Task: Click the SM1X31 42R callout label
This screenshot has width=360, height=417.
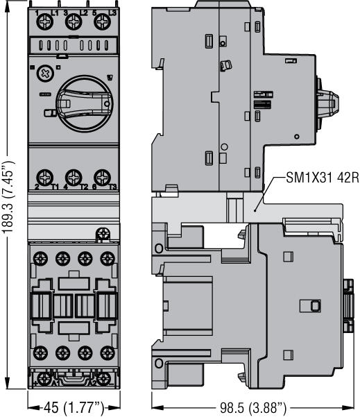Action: pyautogui.click(x=321, y=178)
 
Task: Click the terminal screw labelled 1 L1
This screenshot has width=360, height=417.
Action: pyautogui.click(x=43, y=23)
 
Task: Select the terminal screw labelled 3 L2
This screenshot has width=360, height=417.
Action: pyautogui.click(x=71, y=23)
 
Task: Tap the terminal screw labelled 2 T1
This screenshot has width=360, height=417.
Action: pyautogui.click(x=43, y=176)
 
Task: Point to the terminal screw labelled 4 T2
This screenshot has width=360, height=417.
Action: pyautogui.click(x=71, y=176)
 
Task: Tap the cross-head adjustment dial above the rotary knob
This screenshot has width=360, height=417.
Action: pyautogui.click(x=43, y=72)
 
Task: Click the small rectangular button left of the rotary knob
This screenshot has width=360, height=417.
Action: pyautogui.click(x=47, y=114)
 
